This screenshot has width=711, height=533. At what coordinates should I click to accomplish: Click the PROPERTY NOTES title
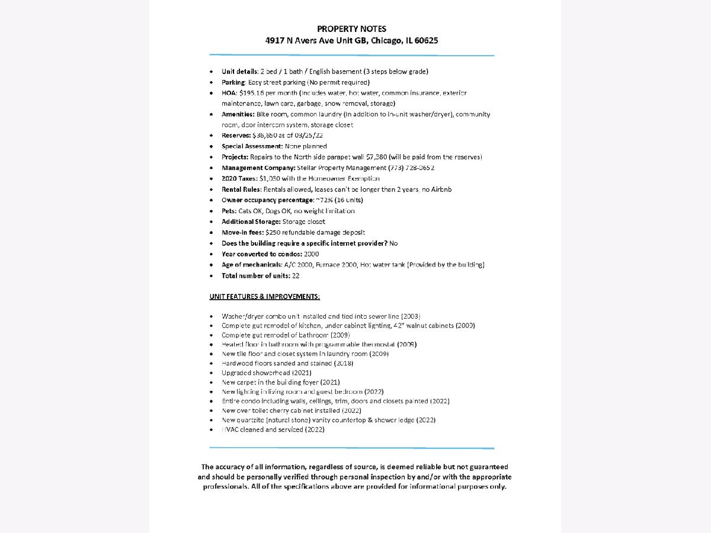(352, 29)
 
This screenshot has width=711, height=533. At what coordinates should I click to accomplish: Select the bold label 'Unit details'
(239, 72)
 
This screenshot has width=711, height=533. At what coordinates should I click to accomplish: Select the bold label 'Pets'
(228, 211)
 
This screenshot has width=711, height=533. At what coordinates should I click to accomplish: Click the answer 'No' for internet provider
(393, 243)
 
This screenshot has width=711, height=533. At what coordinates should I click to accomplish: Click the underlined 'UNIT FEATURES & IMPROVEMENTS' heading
(265, 296)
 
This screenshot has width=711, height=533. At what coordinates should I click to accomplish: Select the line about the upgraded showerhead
(266, 373)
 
